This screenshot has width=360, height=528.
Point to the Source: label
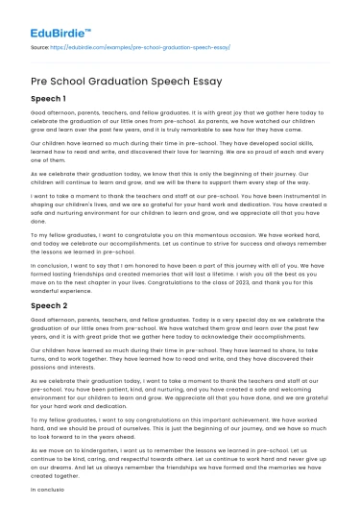(42, 45)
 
